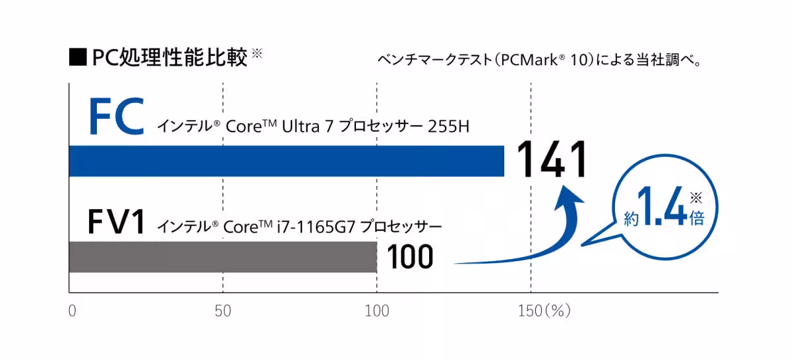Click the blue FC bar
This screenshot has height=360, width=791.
pos(287,161)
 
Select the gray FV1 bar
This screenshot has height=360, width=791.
pos(223,257)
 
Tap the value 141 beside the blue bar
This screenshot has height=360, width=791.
pos(551,160)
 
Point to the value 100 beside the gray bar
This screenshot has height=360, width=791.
pos(410,257)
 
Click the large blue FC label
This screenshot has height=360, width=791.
pos(116,117)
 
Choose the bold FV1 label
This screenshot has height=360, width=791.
pos(115,223)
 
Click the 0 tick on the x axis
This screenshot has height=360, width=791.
pos(72,311)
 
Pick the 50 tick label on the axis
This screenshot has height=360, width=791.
pos(223,311)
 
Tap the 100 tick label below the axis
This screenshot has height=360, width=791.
pos(377,311)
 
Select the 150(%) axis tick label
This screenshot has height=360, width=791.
pos(544,311)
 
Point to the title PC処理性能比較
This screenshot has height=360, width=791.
pos(169,57)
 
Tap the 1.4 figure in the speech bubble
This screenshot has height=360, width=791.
pos(661,210)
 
